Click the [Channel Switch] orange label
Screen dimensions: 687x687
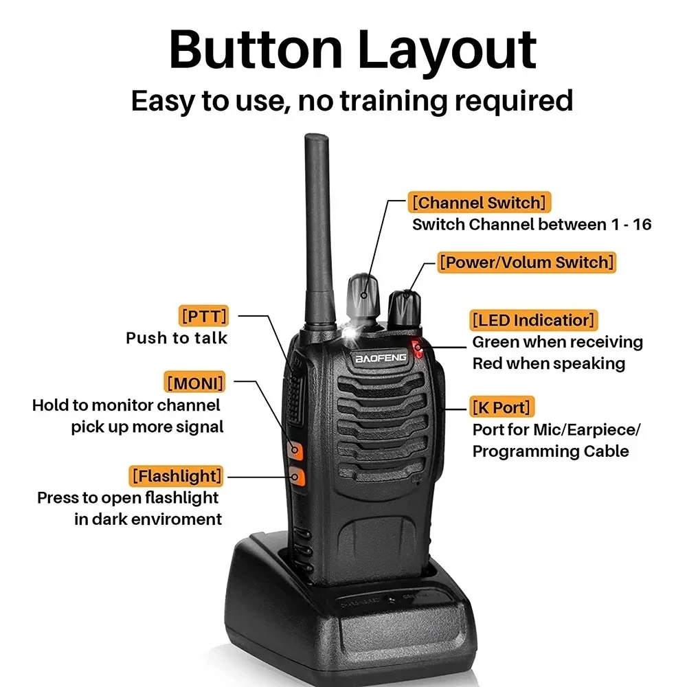click(480, 203)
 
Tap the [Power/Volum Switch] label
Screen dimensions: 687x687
click(526, 262)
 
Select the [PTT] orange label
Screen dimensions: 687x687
click(203, 317)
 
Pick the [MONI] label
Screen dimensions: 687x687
click(194, 381)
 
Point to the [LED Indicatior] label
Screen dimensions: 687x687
click(534, 320)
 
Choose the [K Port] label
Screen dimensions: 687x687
click(502, 407)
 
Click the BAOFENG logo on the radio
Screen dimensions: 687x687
click(381, 357)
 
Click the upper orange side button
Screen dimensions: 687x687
click(296, 450)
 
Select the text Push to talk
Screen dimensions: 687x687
click(177, 338)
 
